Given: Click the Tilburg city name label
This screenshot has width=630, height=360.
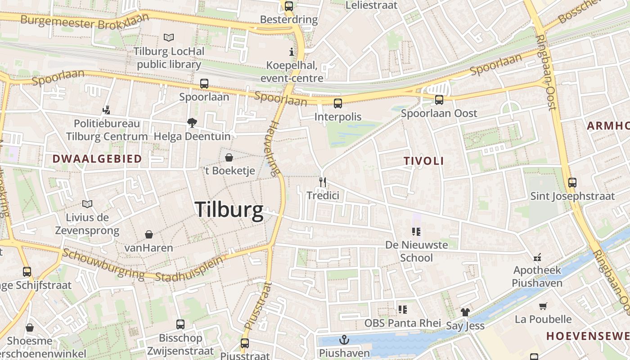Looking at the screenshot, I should click(229, 210).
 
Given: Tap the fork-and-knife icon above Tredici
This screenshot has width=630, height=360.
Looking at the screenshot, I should click(322, 182).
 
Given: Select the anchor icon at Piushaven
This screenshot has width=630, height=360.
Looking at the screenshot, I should click(344, 340).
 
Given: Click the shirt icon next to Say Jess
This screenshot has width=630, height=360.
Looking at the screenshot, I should click(465, 312).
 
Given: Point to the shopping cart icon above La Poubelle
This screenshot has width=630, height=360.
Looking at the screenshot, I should click(543, 306).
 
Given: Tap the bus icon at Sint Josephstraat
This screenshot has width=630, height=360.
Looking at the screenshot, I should click(572, 183).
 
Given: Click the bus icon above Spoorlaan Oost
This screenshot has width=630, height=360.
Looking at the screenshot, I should click(439, 100).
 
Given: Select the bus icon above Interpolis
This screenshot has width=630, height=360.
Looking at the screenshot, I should click(338, 103).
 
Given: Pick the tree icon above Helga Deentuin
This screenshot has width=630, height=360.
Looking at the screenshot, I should click(192, 122).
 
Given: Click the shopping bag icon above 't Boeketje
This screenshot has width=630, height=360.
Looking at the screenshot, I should click(229, 157).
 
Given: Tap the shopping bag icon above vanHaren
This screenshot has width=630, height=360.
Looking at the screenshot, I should click(149, 234).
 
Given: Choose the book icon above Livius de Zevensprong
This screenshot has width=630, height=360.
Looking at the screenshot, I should click(87, 204).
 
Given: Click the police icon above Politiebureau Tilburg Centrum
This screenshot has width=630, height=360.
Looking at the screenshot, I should click(107, 110).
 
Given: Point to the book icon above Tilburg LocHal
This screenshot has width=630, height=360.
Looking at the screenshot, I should click(169, 37).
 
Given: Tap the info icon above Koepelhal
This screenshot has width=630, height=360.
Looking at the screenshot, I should click(292, 51).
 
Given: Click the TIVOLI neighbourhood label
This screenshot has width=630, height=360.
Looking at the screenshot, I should click(423, 161).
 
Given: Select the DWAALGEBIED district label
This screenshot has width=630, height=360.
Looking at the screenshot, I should click(97, 158).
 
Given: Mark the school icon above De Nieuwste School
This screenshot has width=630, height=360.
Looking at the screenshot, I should click(416, 232).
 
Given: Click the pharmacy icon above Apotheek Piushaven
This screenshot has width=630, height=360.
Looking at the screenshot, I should click(537, 257).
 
